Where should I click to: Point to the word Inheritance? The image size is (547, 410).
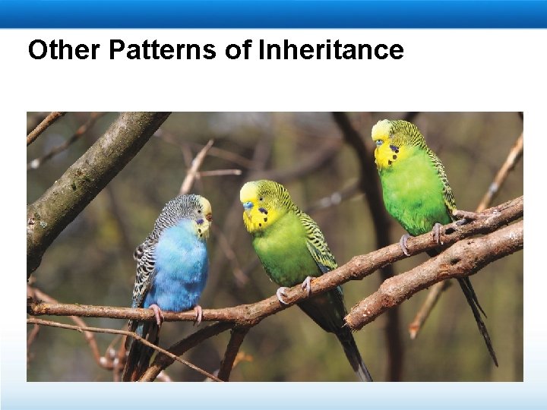coord(331,50)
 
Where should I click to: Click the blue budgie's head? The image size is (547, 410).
coord(190,208)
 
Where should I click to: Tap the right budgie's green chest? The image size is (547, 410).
coord(414,194)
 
